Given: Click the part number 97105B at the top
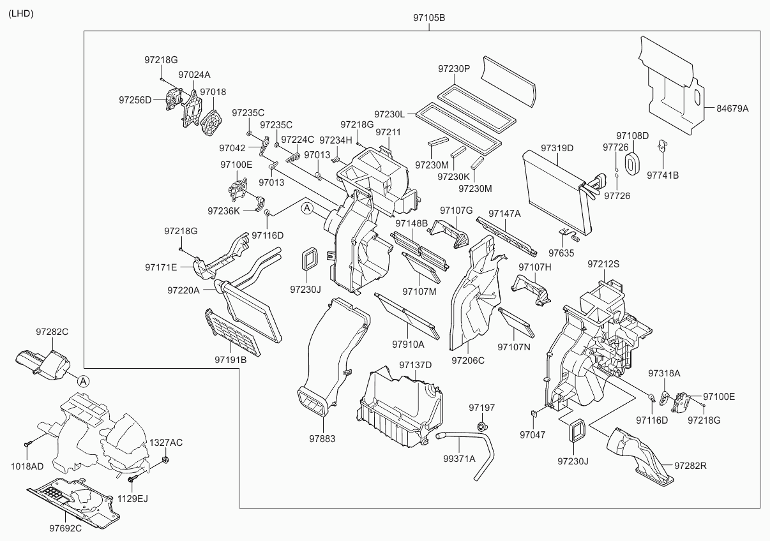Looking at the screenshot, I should tap(428, 19).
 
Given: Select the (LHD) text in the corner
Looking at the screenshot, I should tap(21, 13).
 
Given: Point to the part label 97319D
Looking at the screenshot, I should tap(557, 148).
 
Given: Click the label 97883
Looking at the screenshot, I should tap(322, 439).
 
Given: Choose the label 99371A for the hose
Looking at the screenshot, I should tap(460, 458).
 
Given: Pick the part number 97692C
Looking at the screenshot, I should tap(68, 528).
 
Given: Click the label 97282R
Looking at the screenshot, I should tap(691, 466).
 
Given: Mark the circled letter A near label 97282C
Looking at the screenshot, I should tap(83, 381).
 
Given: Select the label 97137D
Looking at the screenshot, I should tap(416, 365).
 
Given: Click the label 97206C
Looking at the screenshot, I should tap(468, 360).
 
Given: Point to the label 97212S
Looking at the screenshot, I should tap(604, 263).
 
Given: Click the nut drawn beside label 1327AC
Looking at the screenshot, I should tap(165, 459).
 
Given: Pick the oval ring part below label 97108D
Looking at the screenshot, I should tap(631, 162).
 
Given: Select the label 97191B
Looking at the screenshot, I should tap(230, 359).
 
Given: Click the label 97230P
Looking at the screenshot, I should tap(454, 68).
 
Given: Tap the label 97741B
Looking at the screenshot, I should tap(663, 175).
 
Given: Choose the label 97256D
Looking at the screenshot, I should tap(135, 100).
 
